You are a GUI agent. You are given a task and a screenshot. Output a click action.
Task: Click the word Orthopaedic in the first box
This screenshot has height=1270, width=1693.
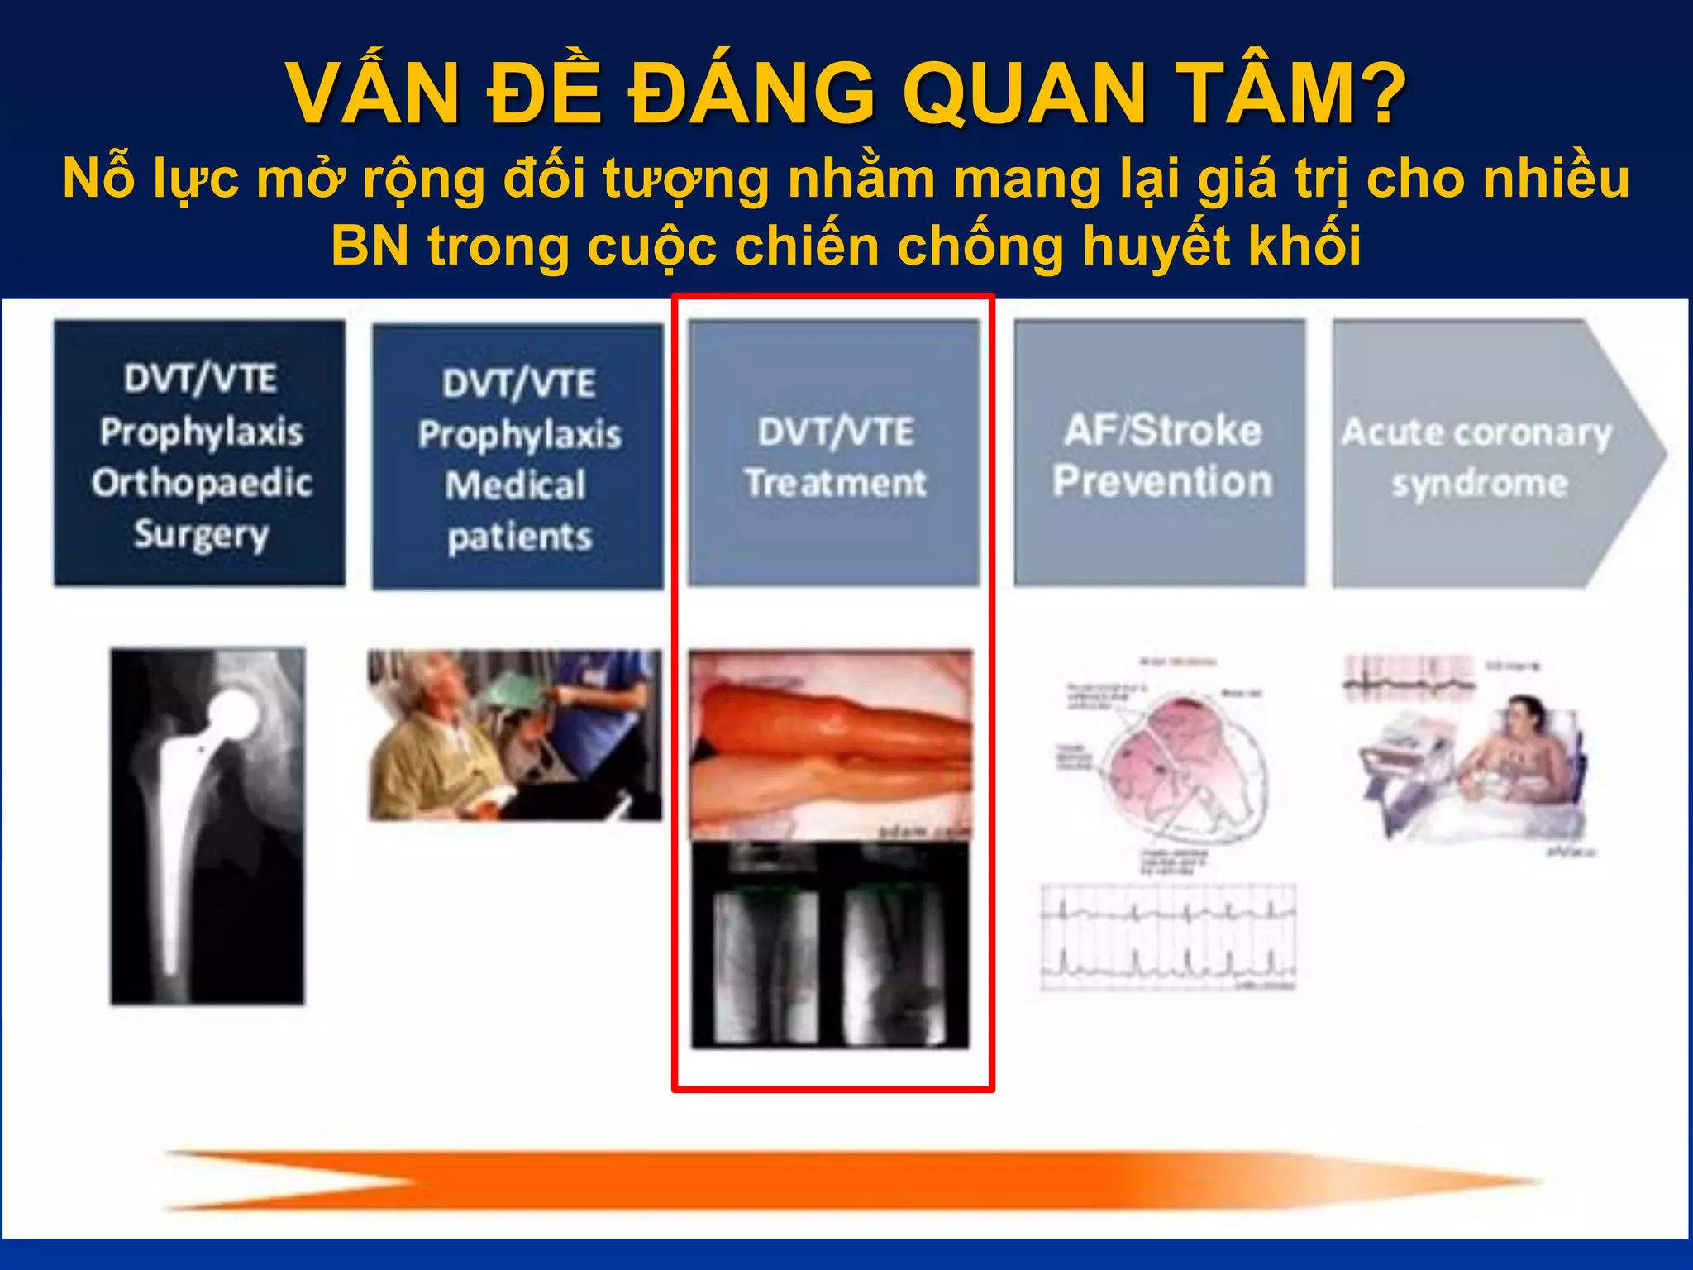click(x=202, y=483)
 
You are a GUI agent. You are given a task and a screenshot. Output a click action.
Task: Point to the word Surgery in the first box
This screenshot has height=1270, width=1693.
click(x=202, y=534)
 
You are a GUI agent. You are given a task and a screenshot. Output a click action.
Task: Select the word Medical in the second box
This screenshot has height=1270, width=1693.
click(x=516, y=485)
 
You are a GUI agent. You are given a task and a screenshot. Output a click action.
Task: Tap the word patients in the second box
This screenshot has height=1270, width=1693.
click(x=519, y=537)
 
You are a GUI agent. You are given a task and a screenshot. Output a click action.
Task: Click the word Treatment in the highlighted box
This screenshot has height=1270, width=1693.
click(x=835, y=483)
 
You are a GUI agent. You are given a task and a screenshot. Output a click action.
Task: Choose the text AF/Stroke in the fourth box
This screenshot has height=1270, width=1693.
click(x=1162, y=431)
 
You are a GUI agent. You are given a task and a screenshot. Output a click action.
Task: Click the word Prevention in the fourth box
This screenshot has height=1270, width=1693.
click(x=1162, y=481)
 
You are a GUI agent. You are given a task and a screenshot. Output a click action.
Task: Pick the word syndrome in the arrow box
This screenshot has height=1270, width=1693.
click(x=1479, y=483)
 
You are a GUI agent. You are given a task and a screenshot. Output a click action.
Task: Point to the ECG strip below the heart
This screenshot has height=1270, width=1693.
click(x=1168, y=936)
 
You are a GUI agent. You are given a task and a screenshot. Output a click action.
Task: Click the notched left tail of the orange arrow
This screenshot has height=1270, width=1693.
click(x=289, y=1181)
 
